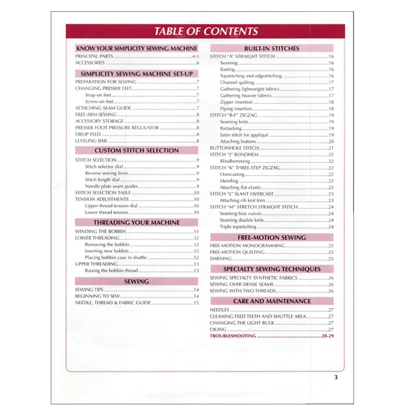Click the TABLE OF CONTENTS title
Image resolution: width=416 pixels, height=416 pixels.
(206, 31)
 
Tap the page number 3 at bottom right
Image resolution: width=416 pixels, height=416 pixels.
(336, 378)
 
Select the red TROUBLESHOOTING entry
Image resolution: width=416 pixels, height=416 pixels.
(233, 336)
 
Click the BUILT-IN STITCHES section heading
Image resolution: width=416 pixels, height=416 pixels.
(272, 48)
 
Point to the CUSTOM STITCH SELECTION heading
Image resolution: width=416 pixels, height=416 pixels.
(136, 151)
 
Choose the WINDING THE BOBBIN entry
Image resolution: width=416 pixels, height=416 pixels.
(100, 231)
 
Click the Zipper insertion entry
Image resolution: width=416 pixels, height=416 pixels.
(236, 102)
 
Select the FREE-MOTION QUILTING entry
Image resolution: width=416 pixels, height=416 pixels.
(237, 252)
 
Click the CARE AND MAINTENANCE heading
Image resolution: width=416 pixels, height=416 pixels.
(272, 301)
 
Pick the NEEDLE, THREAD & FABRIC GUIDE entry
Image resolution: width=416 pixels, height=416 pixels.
(113, 303)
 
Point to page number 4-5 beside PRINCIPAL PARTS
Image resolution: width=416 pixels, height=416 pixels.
(196, 56)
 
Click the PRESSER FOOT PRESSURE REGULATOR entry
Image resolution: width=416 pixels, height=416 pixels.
(117, 128)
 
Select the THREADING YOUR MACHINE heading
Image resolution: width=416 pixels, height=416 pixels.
(136, 223)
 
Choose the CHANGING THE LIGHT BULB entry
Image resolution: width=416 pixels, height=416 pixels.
(241, 323)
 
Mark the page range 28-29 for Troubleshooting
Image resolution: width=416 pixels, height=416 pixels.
(328, 336)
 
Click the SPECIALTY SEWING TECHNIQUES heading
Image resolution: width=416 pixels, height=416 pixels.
(272, 269)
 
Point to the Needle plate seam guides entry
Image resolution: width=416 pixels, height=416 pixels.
(111, 186)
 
